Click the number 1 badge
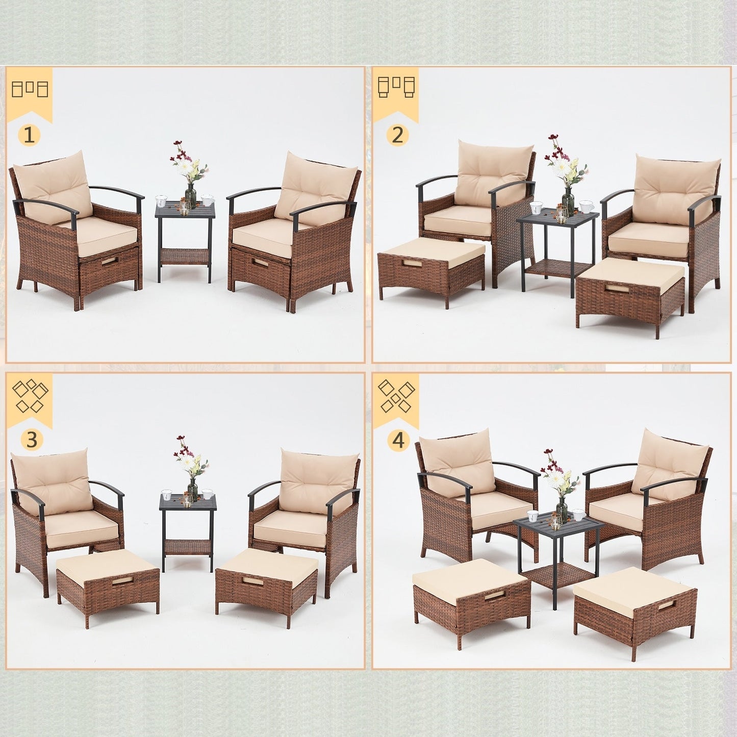30,135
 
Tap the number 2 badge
398,135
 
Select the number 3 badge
32,440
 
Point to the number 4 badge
398,440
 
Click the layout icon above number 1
30,89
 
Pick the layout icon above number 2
396,88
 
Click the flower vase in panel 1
190,194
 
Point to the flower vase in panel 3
192,490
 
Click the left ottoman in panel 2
431,270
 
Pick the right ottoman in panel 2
630,291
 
